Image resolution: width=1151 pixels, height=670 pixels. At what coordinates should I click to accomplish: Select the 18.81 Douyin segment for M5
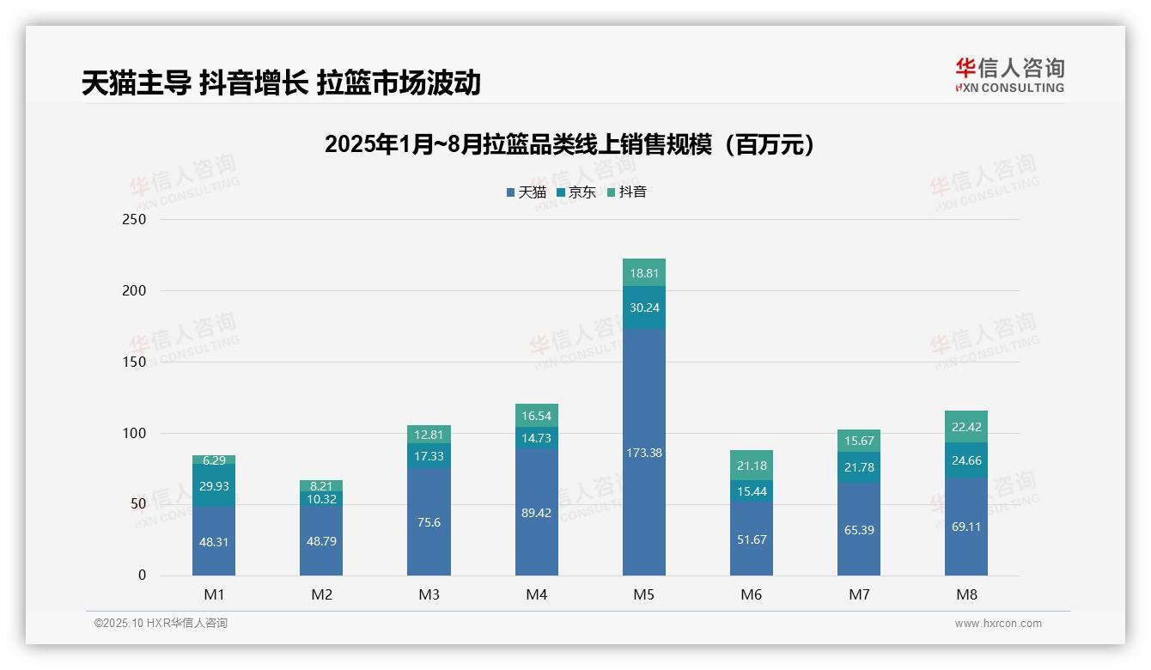pos(643,273)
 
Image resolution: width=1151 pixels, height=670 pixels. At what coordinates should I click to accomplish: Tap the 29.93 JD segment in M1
pos(214,485)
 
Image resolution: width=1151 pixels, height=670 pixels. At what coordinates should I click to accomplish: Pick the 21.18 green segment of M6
pos(751,466)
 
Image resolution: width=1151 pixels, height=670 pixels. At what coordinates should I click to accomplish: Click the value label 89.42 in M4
pos(536,513)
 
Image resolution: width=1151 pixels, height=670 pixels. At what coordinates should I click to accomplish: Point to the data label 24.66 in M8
pos(966,460)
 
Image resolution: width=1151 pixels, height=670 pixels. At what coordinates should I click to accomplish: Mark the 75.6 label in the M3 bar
pos(429,522)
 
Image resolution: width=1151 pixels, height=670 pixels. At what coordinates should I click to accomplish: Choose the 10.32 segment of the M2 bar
pos(321,499)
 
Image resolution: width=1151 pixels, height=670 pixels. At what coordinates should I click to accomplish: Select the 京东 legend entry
pos(576,192)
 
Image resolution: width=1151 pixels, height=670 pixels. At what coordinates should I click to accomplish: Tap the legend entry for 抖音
pos(627,192)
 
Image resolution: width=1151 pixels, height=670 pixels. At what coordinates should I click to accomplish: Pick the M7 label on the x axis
pos(858,594)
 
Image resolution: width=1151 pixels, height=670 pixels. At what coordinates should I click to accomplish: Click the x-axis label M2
pos(321,594)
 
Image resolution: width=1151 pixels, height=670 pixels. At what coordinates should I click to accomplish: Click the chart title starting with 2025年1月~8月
pos(569,145)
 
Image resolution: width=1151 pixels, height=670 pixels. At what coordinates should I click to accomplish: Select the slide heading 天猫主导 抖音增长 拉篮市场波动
pos(281,83)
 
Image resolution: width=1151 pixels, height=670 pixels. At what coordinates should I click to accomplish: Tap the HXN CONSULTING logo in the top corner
pos(1009,76)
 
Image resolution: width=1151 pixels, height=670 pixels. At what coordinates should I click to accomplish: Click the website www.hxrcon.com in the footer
pos(998,624)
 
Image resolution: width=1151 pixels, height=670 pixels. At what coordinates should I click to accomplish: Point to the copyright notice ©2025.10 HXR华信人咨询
pos(161,624)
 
